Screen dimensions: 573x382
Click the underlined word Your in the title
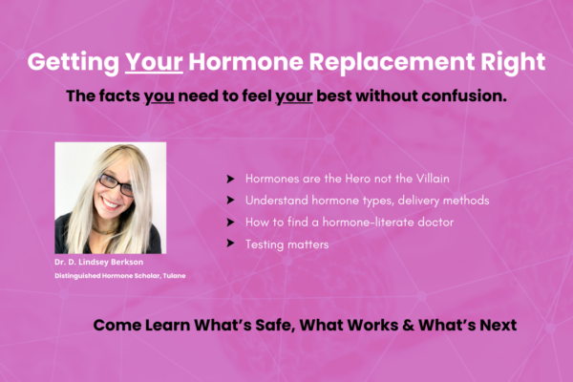154,62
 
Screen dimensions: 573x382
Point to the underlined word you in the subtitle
159,97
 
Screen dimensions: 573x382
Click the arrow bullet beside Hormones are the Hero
230,179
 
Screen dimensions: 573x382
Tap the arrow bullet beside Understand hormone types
230,200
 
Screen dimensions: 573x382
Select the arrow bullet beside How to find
230,223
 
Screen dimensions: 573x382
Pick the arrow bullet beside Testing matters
230,244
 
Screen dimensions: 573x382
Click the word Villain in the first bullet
433,179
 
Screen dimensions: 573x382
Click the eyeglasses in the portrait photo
117,184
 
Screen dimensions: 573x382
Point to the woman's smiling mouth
111,203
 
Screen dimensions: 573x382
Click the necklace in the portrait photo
103,231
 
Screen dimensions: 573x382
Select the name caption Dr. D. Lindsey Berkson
99,262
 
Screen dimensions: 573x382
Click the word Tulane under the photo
175,276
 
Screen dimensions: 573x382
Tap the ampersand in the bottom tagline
408,325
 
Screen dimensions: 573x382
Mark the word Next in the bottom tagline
499,325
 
